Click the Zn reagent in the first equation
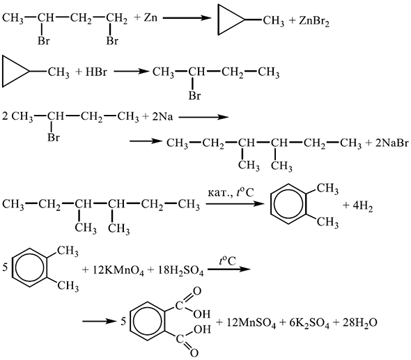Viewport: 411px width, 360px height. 150,17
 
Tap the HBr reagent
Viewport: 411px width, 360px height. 96,72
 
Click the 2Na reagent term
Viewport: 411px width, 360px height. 162,116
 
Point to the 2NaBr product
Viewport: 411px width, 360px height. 392,143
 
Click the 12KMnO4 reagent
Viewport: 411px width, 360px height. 118,271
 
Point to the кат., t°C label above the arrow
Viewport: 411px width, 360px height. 231,193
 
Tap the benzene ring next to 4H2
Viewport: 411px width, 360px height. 271,204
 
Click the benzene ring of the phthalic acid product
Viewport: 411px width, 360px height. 130,321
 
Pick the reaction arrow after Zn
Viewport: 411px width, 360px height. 187,18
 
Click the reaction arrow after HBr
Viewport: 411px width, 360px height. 131,71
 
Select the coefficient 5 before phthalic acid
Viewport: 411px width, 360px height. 123,321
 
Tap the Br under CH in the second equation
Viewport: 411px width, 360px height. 194,95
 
